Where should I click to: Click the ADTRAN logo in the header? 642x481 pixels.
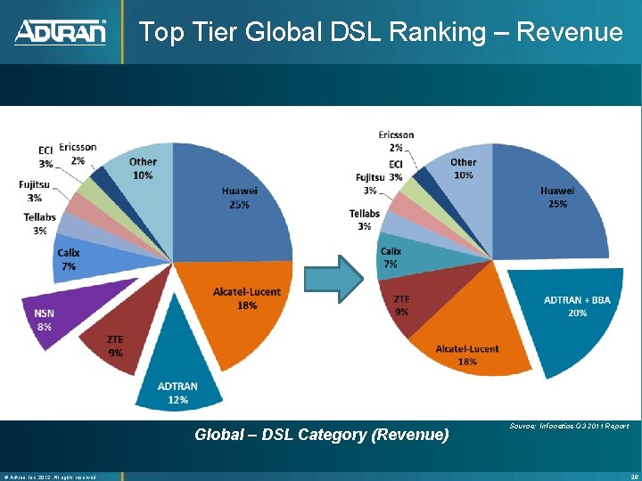60,32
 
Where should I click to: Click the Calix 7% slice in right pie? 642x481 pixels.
398,257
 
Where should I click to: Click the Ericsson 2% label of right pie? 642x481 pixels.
396,141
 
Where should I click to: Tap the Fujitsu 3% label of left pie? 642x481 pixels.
33,191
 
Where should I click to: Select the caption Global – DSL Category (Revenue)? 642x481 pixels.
322,435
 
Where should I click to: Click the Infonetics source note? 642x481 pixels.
568,427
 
